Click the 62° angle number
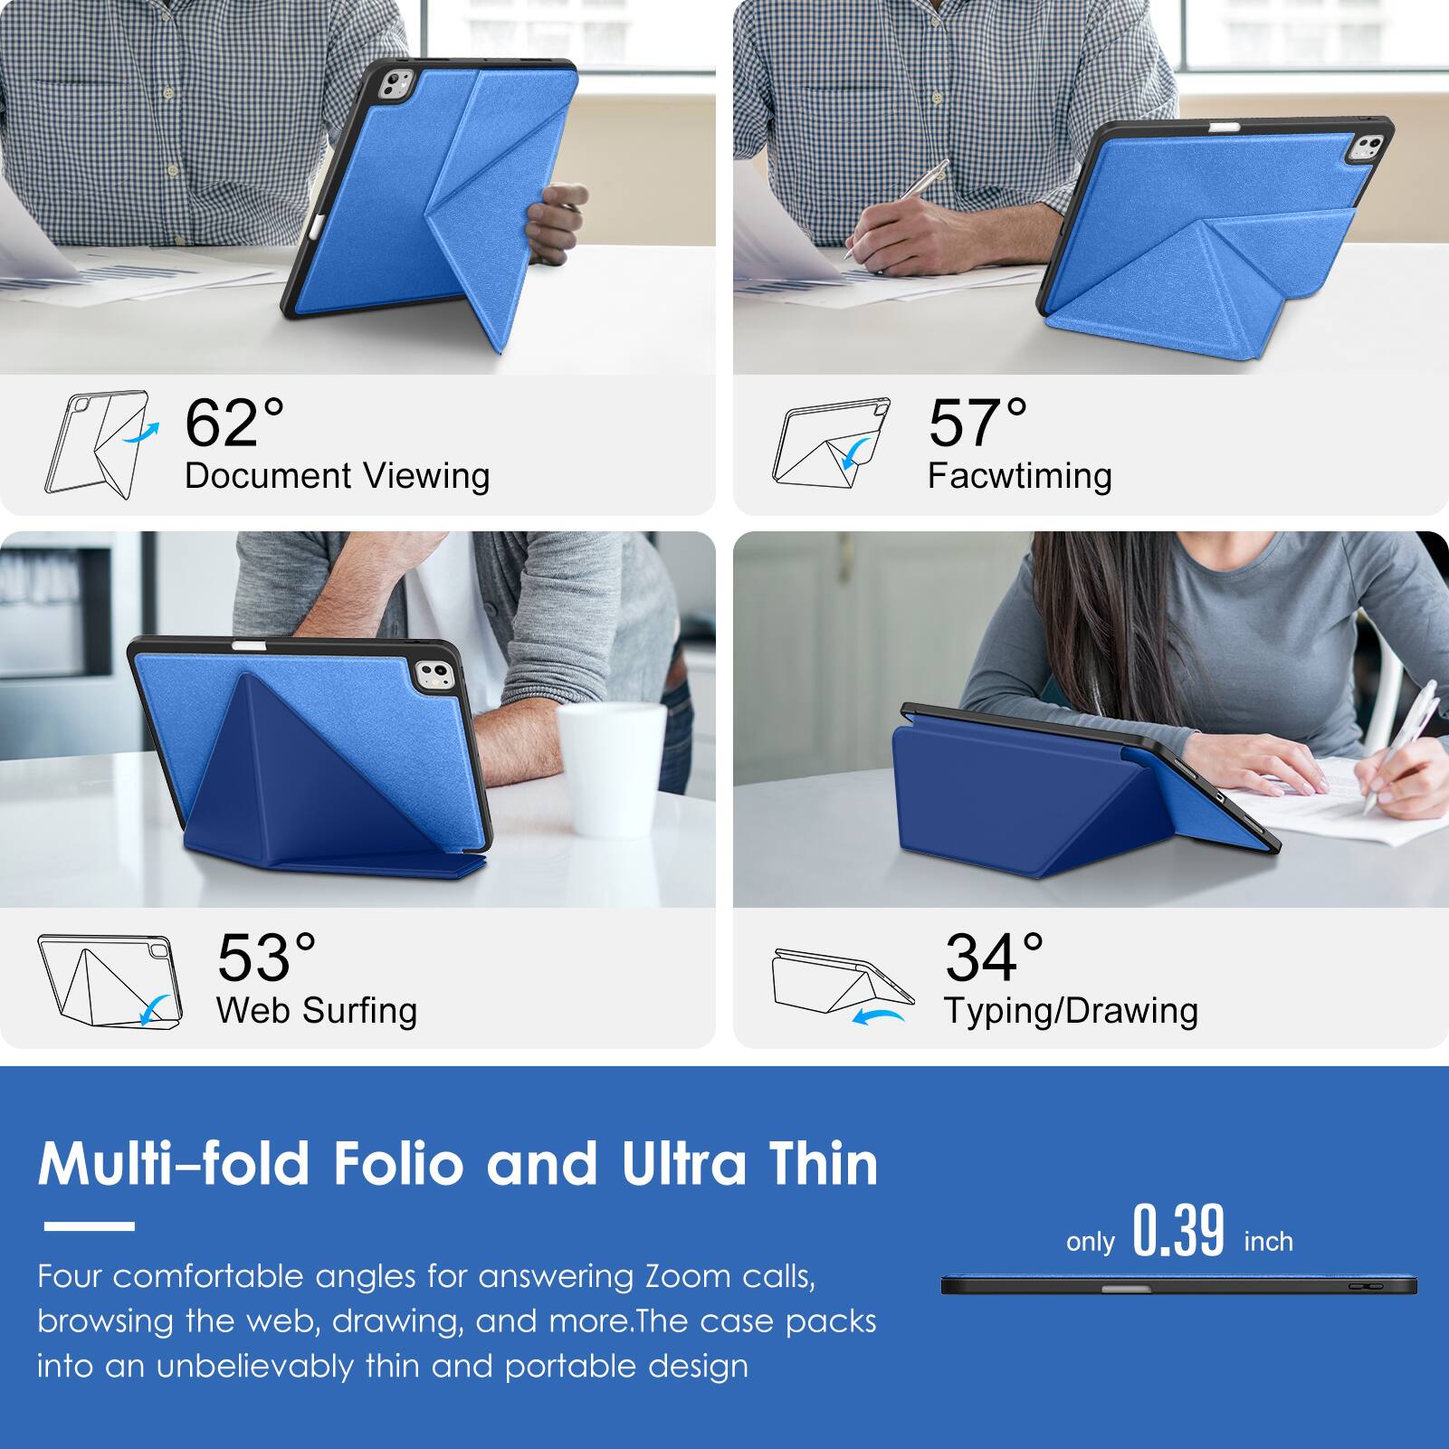tap(234, 424)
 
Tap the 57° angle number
tap(977, 424)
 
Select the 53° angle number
tap(266, 958)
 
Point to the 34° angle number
tap(994, 958)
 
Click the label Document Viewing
tap(337, 476)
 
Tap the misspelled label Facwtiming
tap(1019, 476)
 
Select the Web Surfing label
tap(317, 1011)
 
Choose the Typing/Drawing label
tap(1071, 1011)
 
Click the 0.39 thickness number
tap(1178, 1232)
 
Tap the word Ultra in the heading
tap(684, 1164)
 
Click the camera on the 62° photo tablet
tap(394, 87)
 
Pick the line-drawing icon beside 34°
tap(842, 987)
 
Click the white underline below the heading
tap(89, 1226)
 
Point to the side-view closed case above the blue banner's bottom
tap(1178, 1285)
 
